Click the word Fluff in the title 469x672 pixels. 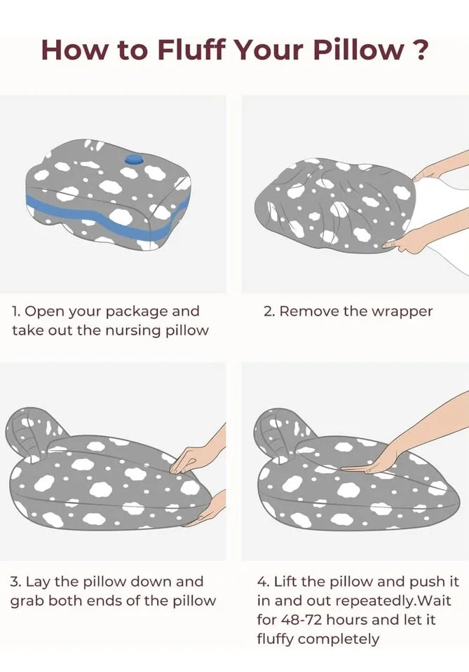tap(184, 50)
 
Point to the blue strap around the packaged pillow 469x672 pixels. tap(98, 213)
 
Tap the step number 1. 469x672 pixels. tap(15, 311)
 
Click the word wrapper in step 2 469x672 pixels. tap(402, 311)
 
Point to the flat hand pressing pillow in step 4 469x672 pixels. tap(368, 463)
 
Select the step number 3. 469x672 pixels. tap(15, 582)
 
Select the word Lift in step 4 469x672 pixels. tap(285, 582)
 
